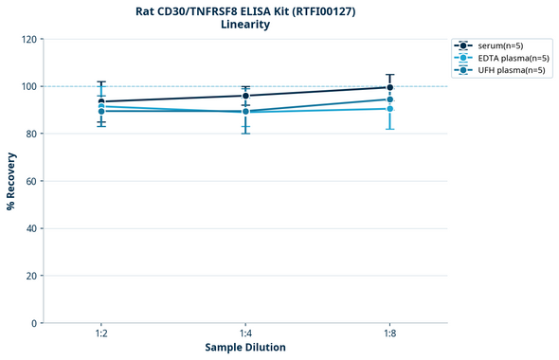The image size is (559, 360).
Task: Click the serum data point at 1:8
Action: [389, 87]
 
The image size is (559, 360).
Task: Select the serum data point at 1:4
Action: [245, 96]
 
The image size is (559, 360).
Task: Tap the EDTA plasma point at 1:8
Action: [389, 109]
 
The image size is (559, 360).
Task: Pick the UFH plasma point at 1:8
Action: [389, 99]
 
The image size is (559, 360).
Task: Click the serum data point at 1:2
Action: [101, 101]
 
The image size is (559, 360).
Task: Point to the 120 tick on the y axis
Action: [29, 40]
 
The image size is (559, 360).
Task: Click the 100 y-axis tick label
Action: [29, 87]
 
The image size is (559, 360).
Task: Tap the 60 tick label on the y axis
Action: [32, 181]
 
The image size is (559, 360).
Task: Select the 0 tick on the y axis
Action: [35, 323]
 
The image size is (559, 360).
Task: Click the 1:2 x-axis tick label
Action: [101, 334]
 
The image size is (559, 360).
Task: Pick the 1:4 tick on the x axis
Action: [245, 334]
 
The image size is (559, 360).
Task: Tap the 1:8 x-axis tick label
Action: [389, 334]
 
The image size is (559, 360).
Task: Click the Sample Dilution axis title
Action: [245, 348]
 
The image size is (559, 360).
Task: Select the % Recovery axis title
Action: [11, 180]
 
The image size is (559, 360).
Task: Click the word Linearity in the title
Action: [245, 25]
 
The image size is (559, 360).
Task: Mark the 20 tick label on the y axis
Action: [32, 276]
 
